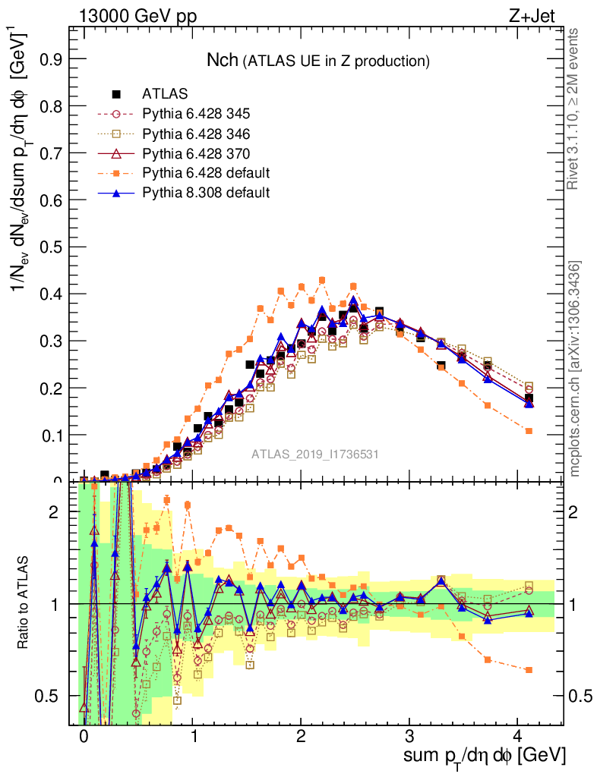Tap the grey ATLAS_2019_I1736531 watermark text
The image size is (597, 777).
(x=315, y=454)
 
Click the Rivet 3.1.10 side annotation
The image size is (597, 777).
(x=575, y=109)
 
